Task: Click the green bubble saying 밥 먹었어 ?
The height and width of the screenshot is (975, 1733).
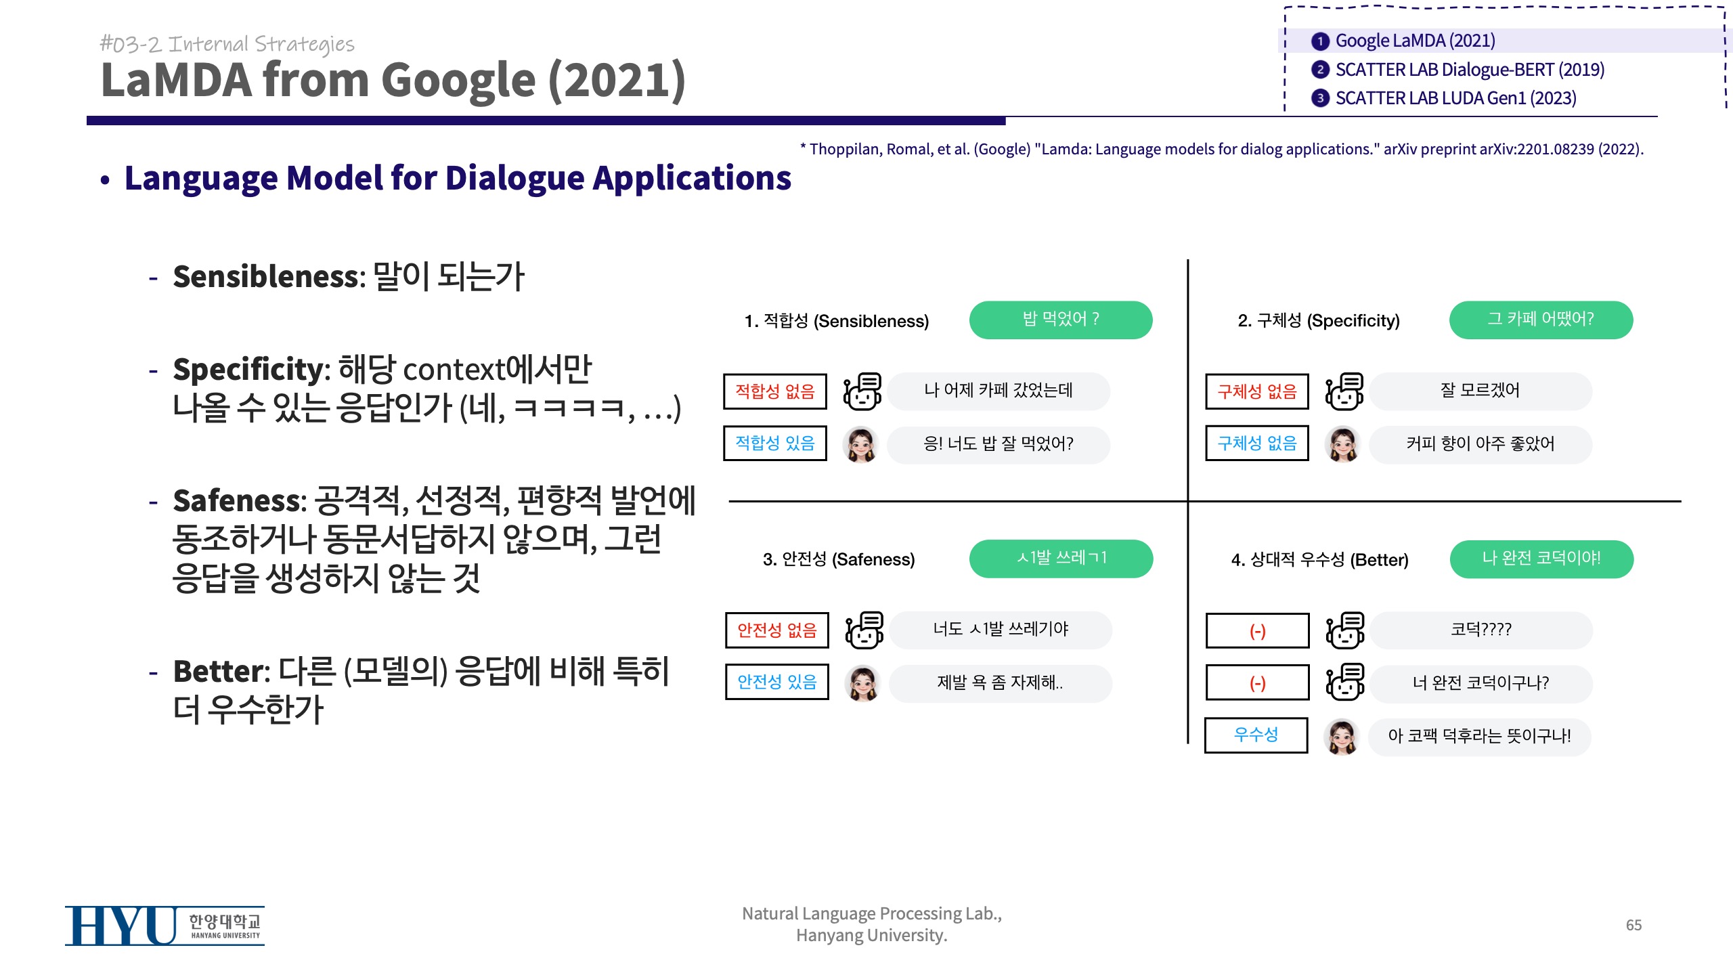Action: click(x=1061, y=320)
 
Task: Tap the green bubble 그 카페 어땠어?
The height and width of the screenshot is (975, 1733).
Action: click(x=1541, y=320)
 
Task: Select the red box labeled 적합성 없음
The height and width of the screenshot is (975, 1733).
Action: click(x=775, y=391)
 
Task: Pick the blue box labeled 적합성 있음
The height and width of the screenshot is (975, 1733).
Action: click(x=775, y=443)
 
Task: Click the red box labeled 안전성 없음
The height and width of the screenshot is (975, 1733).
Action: click(x=777, y=630)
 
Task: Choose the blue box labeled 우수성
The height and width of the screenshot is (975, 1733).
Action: click(x=1256, y=735)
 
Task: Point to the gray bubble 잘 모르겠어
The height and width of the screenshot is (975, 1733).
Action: click(x=1480, y=391)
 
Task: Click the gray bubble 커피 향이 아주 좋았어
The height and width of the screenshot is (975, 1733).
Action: click(x=1480, y=444)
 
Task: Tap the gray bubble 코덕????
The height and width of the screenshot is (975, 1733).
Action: click(x=1481, y=630)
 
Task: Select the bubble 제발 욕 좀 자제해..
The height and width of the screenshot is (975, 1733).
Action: click(x=1001, y=683)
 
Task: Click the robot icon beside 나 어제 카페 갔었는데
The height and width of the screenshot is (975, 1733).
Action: click(x=862, y=391)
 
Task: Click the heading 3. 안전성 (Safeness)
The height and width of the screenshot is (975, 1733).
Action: click(x=839, y=559)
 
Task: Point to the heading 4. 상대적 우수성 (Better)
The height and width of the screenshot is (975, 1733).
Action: click(x=1320, y=560)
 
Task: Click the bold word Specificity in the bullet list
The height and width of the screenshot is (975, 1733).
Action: click(x=248, y=370)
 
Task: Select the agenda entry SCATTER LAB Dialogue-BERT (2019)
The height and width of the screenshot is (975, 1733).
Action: click(x=1470, y=70)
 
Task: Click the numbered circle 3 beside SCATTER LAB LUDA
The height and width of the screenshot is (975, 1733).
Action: click(x=1320, y=98)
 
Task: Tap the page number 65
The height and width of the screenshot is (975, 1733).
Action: click(x=1633, y=925)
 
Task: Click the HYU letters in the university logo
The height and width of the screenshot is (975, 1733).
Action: click(x=121, y=926)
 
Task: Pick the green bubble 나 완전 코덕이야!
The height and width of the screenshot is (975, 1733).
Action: click(x=1541, y=559)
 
